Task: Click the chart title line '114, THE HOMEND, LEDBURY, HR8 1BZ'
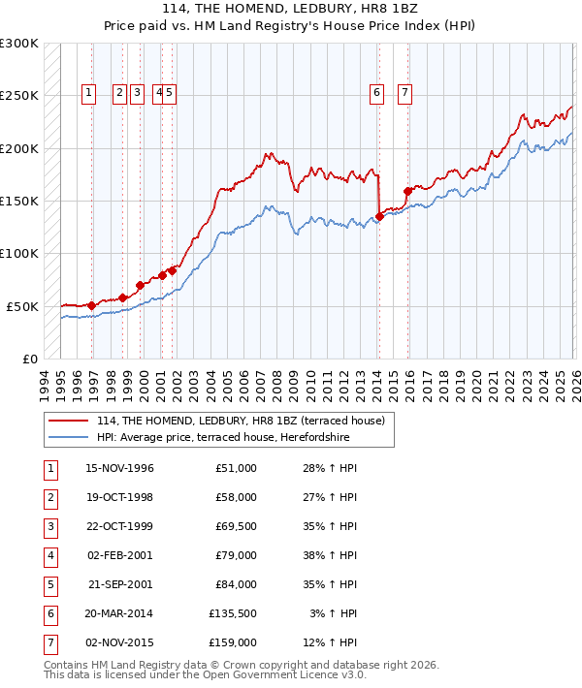click(290, 10)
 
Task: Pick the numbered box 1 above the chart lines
click(88, 93)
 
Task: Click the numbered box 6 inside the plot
click(375, 93)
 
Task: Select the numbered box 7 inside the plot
click(404, 93)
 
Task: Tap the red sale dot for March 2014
click(379, 216)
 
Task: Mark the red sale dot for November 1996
click(92, 305)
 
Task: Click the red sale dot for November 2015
click(407, 192)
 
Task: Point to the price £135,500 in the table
click(233, 613)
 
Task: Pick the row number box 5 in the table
click(48, 584)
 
